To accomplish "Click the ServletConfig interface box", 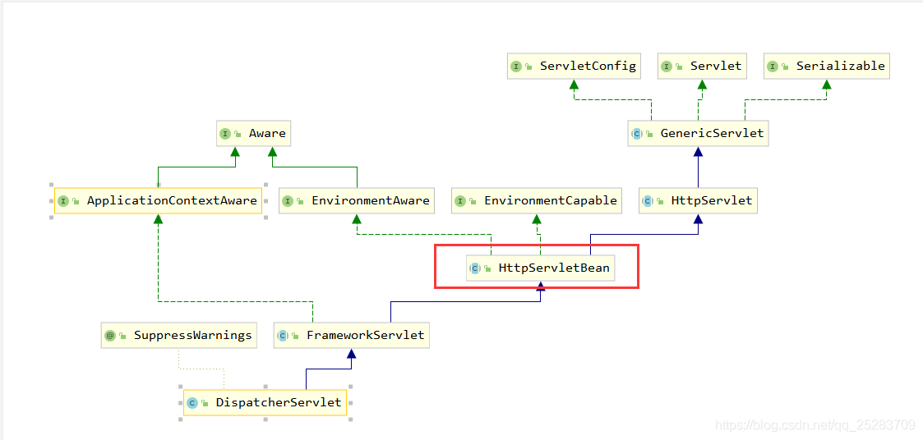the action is pos(574,66).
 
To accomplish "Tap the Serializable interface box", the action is pos(827,66).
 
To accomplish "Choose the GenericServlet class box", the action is pos(698,134).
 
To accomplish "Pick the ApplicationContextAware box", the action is pos(158,200).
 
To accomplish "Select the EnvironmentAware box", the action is pos(357,200).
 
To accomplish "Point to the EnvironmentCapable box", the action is pos(537,200).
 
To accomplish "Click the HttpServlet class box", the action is pos(698,200).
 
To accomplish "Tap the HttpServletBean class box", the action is pos(540,268).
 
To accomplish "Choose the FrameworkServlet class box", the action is pos(352,335).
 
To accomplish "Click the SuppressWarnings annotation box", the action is pos(179,335).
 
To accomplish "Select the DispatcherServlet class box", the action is pos(265,403).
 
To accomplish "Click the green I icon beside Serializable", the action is pos(773,66).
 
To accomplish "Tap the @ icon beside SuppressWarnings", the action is pos(109,336).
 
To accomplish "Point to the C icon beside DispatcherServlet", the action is pos(192,404).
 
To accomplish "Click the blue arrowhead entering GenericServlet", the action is pos(698,151).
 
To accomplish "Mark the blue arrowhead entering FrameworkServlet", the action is pos(352,353).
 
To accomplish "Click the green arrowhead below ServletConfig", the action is pos(574,84).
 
